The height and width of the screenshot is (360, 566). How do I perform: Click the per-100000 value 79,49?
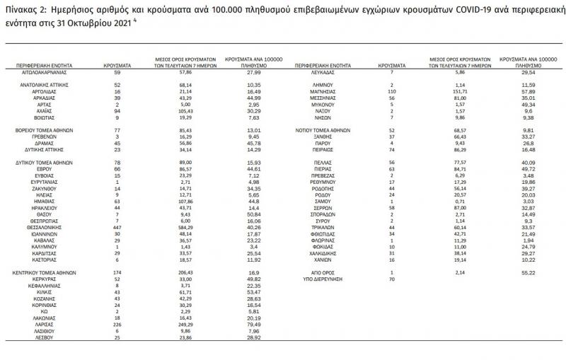[x=243, y=325]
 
